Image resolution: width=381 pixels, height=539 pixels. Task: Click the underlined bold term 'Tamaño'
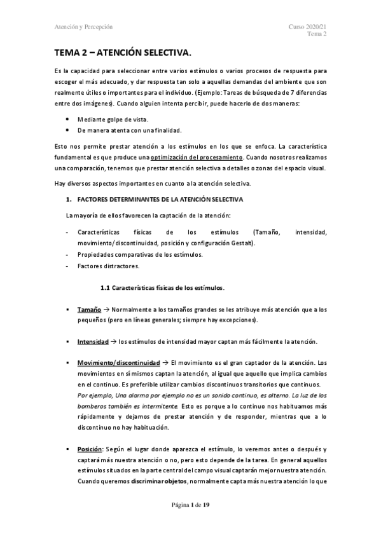tap(90, 310)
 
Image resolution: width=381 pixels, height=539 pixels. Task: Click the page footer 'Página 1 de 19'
tap(190, 505)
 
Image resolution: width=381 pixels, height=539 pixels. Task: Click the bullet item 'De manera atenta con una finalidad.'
tap(128, 130)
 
